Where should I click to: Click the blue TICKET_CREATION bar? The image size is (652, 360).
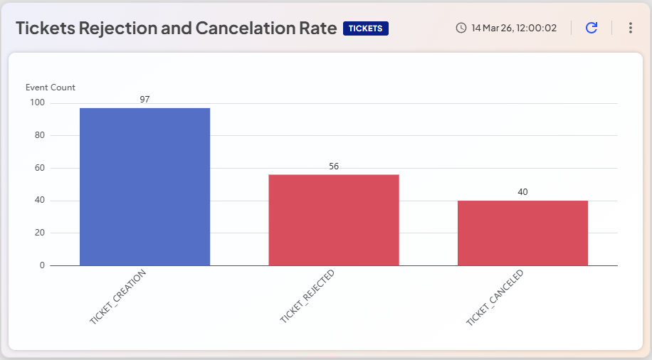pyautogui.click(x=144, y=186)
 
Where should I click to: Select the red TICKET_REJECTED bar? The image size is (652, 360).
pyautogui.click(x=333, y=220)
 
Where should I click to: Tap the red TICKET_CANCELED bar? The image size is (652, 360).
pyautogui.click(x=522, y=233)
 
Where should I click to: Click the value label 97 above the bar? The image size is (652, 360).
pyautogui.click(x=144, y=100)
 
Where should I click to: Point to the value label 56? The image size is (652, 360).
pyautogui.click(x=334, y=166)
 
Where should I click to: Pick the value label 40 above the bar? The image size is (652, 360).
pyautogui.click(x=522, y=192)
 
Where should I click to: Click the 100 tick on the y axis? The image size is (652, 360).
pyautogui.click(x=37, y=102)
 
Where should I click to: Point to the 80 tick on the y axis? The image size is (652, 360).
pyautogui.click(x=39, y=135)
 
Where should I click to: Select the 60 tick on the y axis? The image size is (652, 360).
pyautogui.click(x=39, y=168)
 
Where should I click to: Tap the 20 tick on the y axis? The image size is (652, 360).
pyautogui.click(x=39, y=233)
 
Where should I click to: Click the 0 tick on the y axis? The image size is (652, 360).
pyautogui.click(x=42, y=265)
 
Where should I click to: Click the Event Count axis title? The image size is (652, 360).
pyautogui.click(x=51, y=88)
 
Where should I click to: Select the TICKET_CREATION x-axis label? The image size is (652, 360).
pyautogui.click(x=118, y=297)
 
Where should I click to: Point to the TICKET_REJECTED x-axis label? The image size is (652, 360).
pyautogui.click(x=307, y=297)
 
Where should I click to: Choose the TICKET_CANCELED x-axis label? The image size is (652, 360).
pyautogui.click(x=495, y=297)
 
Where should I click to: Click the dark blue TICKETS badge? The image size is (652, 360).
pyautogui.click(x=366, y=28)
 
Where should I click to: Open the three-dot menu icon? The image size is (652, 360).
pyautogui.click(x=630, y=28)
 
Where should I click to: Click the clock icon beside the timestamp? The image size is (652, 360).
pyautogui.click(x=461, y=28)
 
